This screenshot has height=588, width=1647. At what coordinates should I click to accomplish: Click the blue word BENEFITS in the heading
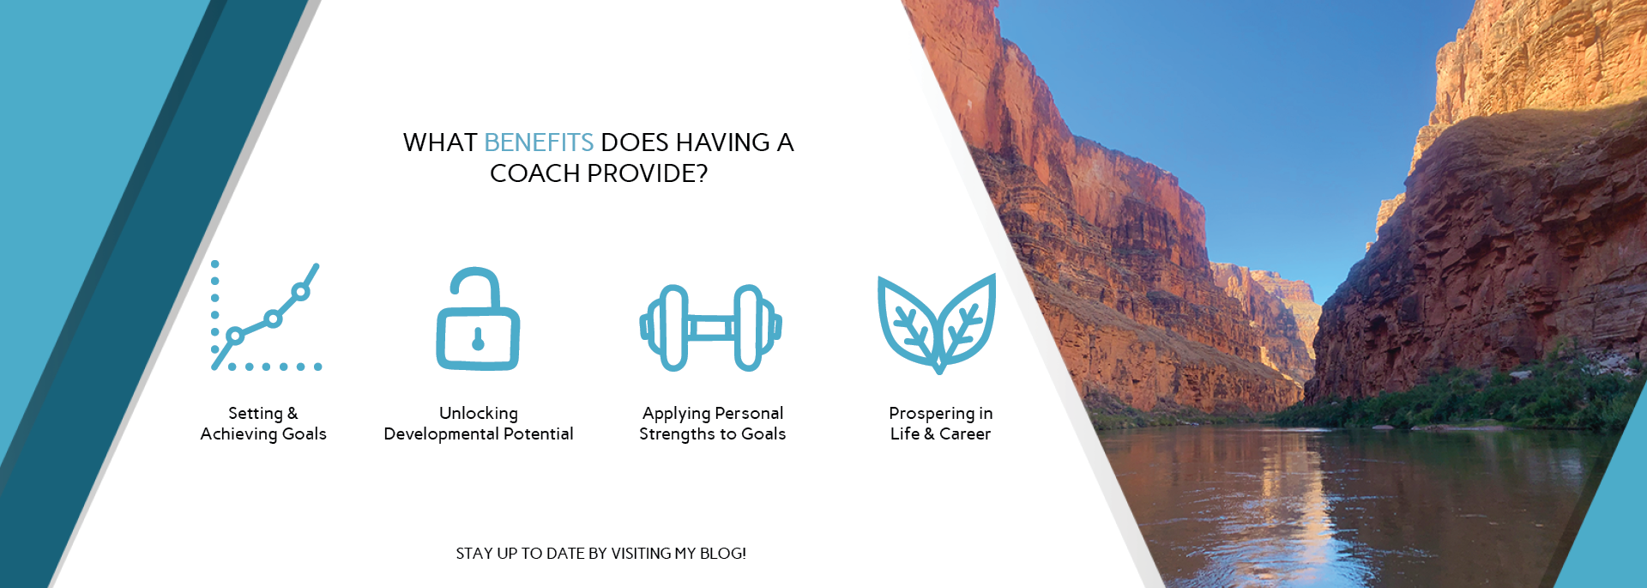coord(539,142)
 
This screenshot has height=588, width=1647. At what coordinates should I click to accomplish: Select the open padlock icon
coord(478,318)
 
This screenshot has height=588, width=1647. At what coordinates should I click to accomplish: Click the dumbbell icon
coord(711,327)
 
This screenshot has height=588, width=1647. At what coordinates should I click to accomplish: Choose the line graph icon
coord(266,316)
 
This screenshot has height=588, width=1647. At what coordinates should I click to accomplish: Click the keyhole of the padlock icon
coord(478,340)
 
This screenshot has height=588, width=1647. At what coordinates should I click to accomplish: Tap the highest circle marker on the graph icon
coord(300,292)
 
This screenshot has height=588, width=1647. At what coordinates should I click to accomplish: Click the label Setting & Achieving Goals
coord(263,423)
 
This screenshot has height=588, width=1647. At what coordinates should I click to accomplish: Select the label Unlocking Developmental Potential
coord(479,423)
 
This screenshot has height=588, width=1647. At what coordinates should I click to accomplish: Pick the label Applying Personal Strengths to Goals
coord(712,423)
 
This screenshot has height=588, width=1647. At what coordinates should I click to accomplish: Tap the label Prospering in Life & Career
coord(940,423)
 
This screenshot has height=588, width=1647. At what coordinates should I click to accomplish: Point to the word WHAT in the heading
coord(440,142)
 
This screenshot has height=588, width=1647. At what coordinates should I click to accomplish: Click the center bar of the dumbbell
coord(711,327)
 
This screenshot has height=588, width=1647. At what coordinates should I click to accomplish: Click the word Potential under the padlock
coord(539,434)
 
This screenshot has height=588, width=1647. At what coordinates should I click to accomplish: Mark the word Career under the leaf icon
coord(965,434)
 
